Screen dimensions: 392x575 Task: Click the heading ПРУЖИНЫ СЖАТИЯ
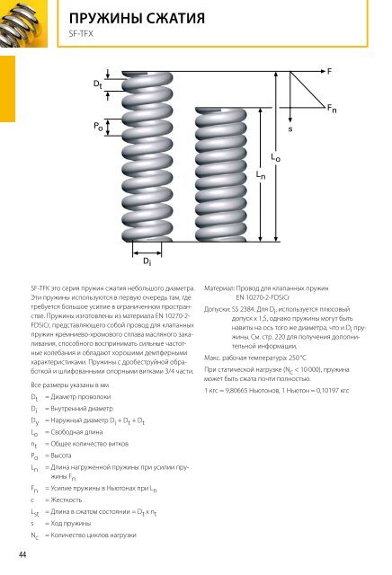[137, 18]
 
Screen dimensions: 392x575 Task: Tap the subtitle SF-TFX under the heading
[81, 34]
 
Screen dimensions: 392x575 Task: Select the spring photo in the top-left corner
[23, 23]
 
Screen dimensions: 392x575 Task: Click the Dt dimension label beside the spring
[97, 84]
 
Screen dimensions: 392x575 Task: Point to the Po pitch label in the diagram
[98, 127]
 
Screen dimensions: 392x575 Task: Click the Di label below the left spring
[147, 261]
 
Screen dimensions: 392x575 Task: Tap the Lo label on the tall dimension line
[275, 157]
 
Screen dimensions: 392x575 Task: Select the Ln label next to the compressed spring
[261, 175]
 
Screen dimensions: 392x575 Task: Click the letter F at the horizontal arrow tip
[329, 71]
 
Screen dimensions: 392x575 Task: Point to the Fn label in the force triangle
[332, 109]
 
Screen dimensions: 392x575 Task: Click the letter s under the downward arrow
[290, 129]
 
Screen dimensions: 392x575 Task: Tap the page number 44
[22, 554]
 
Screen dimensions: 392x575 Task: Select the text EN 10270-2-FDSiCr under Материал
[263, 297]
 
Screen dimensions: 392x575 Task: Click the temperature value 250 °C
[298, 358]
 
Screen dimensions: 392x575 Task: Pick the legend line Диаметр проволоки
[81, 397]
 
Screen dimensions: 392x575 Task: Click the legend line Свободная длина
[76, 432]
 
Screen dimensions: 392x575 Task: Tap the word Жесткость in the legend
[66, 500]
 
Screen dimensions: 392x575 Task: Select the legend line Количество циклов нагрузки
[94, 535]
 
